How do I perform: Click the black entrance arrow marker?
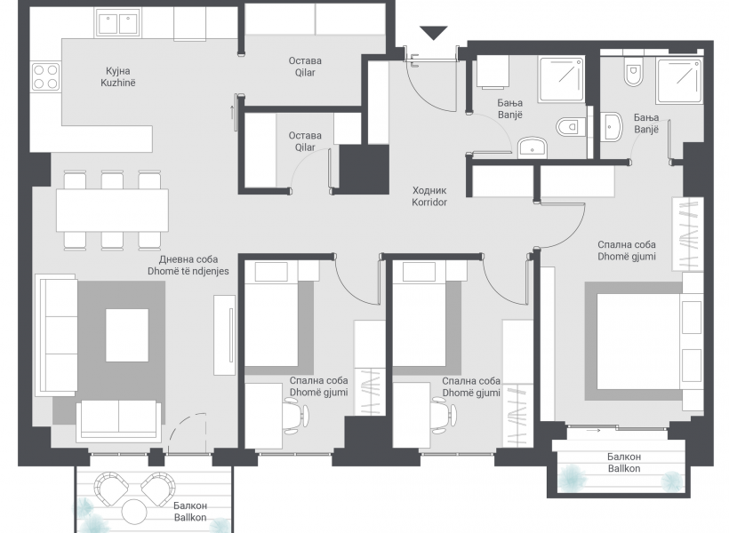point(433,33)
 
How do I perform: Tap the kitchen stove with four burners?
point(45,77)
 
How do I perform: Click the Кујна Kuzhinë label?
point(118,76)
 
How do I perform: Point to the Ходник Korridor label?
point(429,196)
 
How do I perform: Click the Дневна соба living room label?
point(188,266)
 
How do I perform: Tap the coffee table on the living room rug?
point(127,335)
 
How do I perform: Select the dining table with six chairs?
point(112,210)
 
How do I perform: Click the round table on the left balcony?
point(134,512)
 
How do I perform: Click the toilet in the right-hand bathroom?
point(633,73)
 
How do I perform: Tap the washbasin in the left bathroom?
point(533,147)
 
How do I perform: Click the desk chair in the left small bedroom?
point(295,418)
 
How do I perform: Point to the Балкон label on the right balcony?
point(624,457)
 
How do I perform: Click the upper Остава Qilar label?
point(305,67)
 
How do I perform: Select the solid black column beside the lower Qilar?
point(364,170)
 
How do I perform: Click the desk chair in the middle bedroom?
point(443,418)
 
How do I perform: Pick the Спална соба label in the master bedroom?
point(627,244)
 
